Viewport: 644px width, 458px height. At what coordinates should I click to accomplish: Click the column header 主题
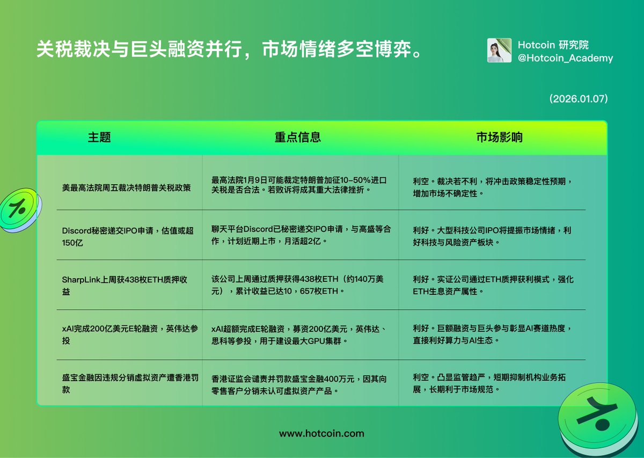99,137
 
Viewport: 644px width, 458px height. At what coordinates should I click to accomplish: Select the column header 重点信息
298,137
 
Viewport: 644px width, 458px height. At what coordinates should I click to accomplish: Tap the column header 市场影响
499,137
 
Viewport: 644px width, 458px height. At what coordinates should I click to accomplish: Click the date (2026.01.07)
578,99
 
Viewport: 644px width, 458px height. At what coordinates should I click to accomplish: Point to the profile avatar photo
499,50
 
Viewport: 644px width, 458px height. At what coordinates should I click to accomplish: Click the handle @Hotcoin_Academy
565,58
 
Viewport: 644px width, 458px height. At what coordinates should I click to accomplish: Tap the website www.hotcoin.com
321,433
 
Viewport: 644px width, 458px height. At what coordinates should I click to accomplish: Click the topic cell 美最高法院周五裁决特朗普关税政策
126,188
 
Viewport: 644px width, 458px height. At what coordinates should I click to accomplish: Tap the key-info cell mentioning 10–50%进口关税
299,185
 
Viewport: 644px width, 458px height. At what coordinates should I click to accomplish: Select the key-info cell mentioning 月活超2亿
301,235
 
